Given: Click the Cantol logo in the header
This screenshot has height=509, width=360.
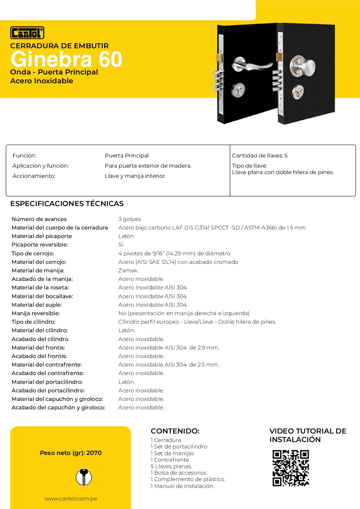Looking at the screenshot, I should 27,33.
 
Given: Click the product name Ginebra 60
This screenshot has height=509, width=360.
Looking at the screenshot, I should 66,60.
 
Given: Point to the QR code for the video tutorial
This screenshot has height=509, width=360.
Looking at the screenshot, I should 291,468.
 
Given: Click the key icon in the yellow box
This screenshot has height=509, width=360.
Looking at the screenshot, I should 83,477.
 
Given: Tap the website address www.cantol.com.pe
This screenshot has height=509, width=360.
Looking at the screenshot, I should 71,499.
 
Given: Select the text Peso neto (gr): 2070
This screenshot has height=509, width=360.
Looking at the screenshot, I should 71,453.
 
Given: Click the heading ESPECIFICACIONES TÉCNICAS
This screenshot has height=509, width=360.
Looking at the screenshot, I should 67,204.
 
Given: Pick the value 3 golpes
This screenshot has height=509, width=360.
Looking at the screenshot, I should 130,219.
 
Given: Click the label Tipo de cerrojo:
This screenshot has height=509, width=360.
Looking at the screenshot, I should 33,254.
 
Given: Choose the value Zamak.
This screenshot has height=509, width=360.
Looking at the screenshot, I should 128,271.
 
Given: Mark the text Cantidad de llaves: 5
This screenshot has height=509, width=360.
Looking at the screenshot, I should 260,156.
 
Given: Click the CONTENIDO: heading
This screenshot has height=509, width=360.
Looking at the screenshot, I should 175,431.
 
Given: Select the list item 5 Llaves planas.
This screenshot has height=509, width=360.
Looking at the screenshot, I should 171,466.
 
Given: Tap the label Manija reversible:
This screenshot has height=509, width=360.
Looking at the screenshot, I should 36,313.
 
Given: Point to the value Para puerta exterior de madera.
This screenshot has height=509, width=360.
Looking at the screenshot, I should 148,166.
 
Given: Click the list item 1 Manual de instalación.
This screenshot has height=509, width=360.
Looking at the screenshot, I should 182,486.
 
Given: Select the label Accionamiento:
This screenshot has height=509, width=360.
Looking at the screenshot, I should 34,176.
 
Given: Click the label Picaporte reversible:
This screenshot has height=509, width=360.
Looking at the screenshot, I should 40,245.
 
